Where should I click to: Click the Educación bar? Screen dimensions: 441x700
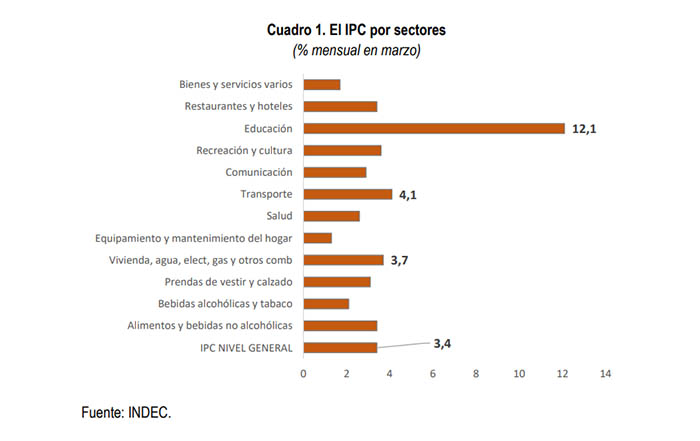(x=434, y=128)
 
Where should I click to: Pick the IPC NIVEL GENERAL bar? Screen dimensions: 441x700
(x=340, y=348)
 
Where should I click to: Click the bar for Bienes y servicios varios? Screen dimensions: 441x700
(x=321, y=84)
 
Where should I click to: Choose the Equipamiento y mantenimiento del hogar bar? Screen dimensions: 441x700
(x=317, y=238)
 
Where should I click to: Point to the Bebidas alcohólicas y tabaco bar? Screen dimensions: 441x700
(x=326, y=304)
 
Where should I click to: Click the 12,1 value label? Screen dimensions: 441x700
(x=584, y=129)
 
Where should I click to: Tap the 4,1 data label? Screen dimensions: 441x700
(x=408, y=195)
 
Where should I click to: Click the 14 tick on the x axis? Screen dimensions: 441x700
(x=605, y=374)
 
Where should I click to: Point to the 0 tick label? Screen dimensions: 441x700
(x=304, y=374)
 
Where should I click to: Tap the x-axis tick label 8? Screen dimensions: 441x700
(x=476, y=374)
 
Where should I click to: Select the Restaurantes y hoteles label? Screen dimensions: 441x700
(x=238, y=106)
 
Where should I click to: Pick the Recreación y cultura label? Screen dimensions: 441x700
(x=244, y=150)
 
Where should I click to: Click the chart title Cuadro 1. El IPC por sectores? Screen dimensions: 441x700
(x=356, y=30)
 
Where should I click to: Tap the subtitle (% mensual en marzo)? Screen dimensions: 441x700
(x=356, y=51)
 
